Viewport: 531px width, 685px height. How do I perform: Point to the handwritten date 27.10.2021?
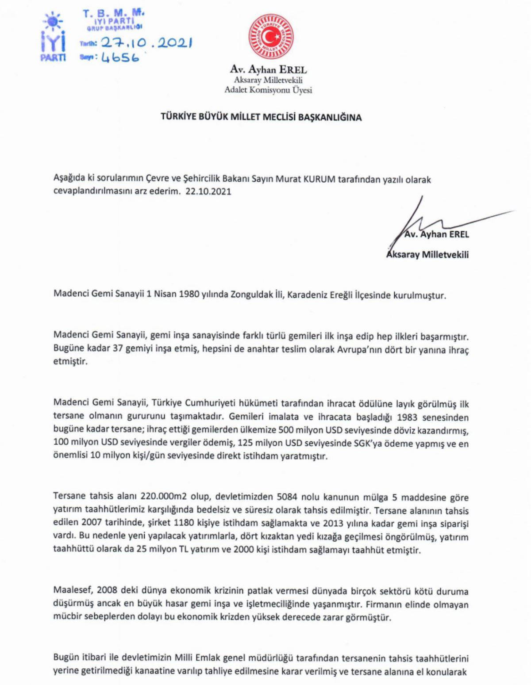(x=146, y=42)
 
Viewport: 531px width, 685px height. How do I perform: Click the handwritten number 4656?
(x=120, y=57)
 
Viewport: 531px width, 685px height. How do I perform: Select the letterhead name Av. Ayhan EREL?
(x=268, y=69)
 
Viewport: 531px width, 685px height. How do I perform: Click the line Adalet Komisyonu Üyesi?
(x=268, y=90)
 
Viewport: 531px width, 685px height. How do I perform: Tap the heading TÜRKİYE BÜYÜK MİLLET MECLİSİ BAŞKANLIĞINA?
(x=261, y=117)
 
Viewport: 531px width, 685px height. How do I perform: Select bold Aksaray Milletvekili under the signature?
(x=427, y=254)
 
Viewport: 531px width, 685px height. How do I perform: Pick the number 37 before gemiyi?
(x=117, y=349)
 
